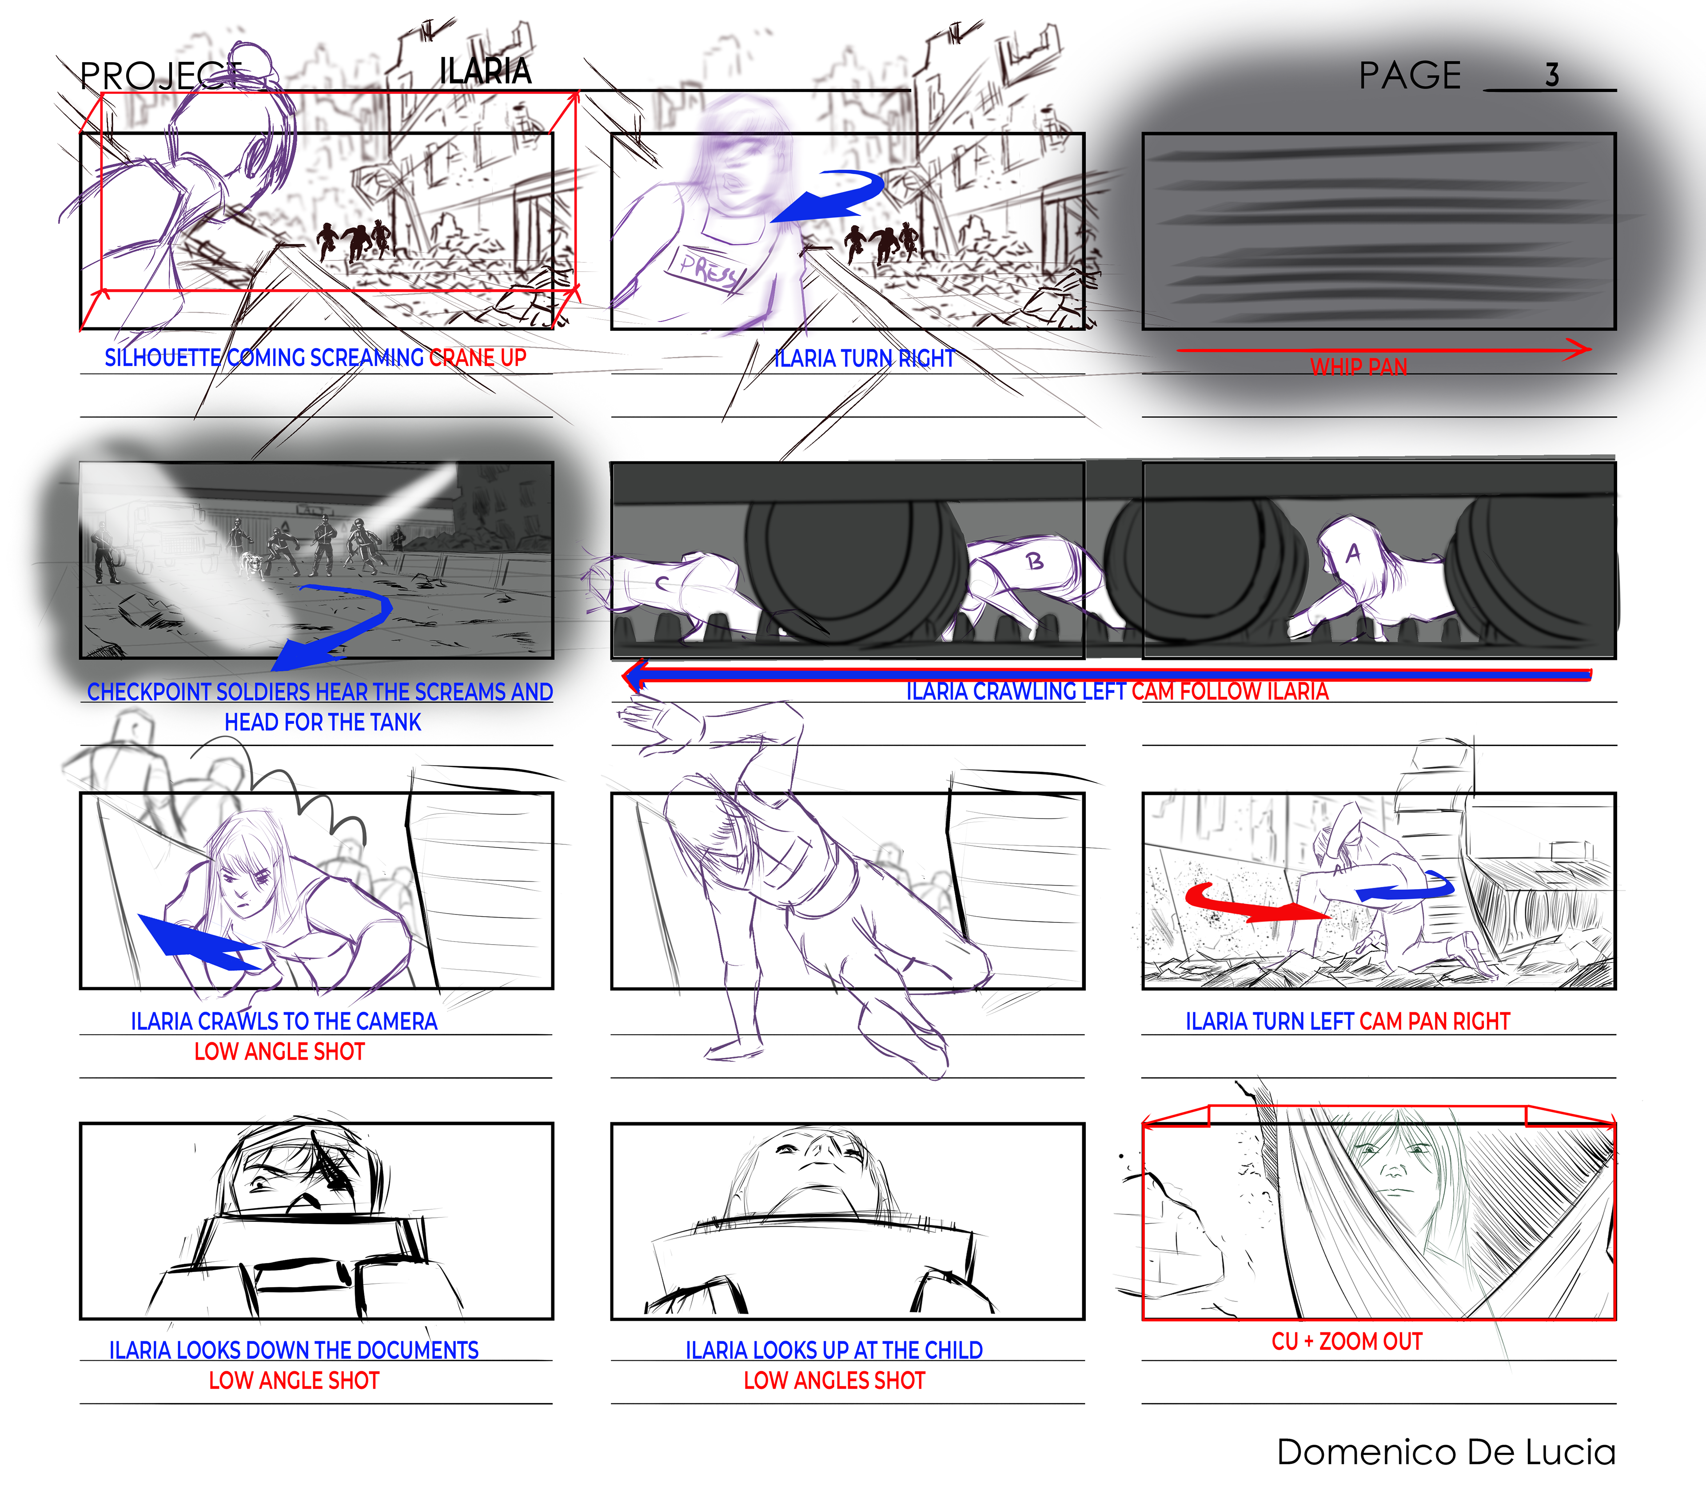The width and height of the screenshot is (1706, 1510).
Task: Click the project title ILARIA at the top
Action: [x=485, y=71]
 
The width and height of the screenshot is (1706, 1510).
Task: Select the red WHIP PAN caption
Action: [x=1358, y=366]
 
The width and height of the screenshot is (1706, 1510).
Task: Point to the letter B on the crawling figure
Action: [x=1035, y=561]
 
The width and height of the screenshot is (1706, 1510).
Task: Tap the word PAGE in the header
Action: [x=1410, y=75]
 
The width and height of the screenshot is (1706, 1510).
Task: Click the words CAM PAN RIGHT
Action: [x=1435, y=1021]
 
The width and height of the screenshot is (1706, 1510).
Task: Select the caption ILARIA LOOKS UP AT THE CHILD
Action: [x=834, y=1350]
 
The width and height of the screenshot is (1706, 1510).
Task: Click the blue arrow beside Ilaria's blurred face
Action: [x=826, y=196]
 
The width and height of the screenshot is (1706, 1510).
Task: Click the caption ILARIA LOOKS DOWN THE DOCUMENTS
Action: [x=294, y=1350]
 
